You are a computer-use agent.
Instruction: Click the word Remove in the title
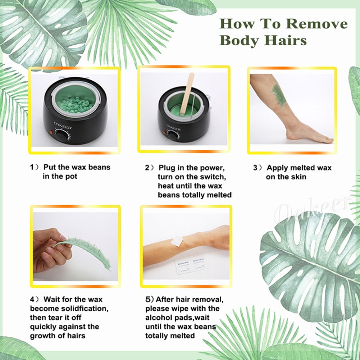click(x=317, y=24)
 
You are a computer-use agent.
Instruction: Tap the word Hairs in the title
click(x=287, y=40)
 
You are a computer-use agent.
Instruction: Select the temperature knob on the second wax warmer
click(x=173, y=135)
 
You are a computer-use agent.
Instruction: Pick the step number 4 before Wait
click(x=32, y=299)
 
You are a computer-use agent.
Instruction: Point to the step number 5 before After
click(x=147, y=299)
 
